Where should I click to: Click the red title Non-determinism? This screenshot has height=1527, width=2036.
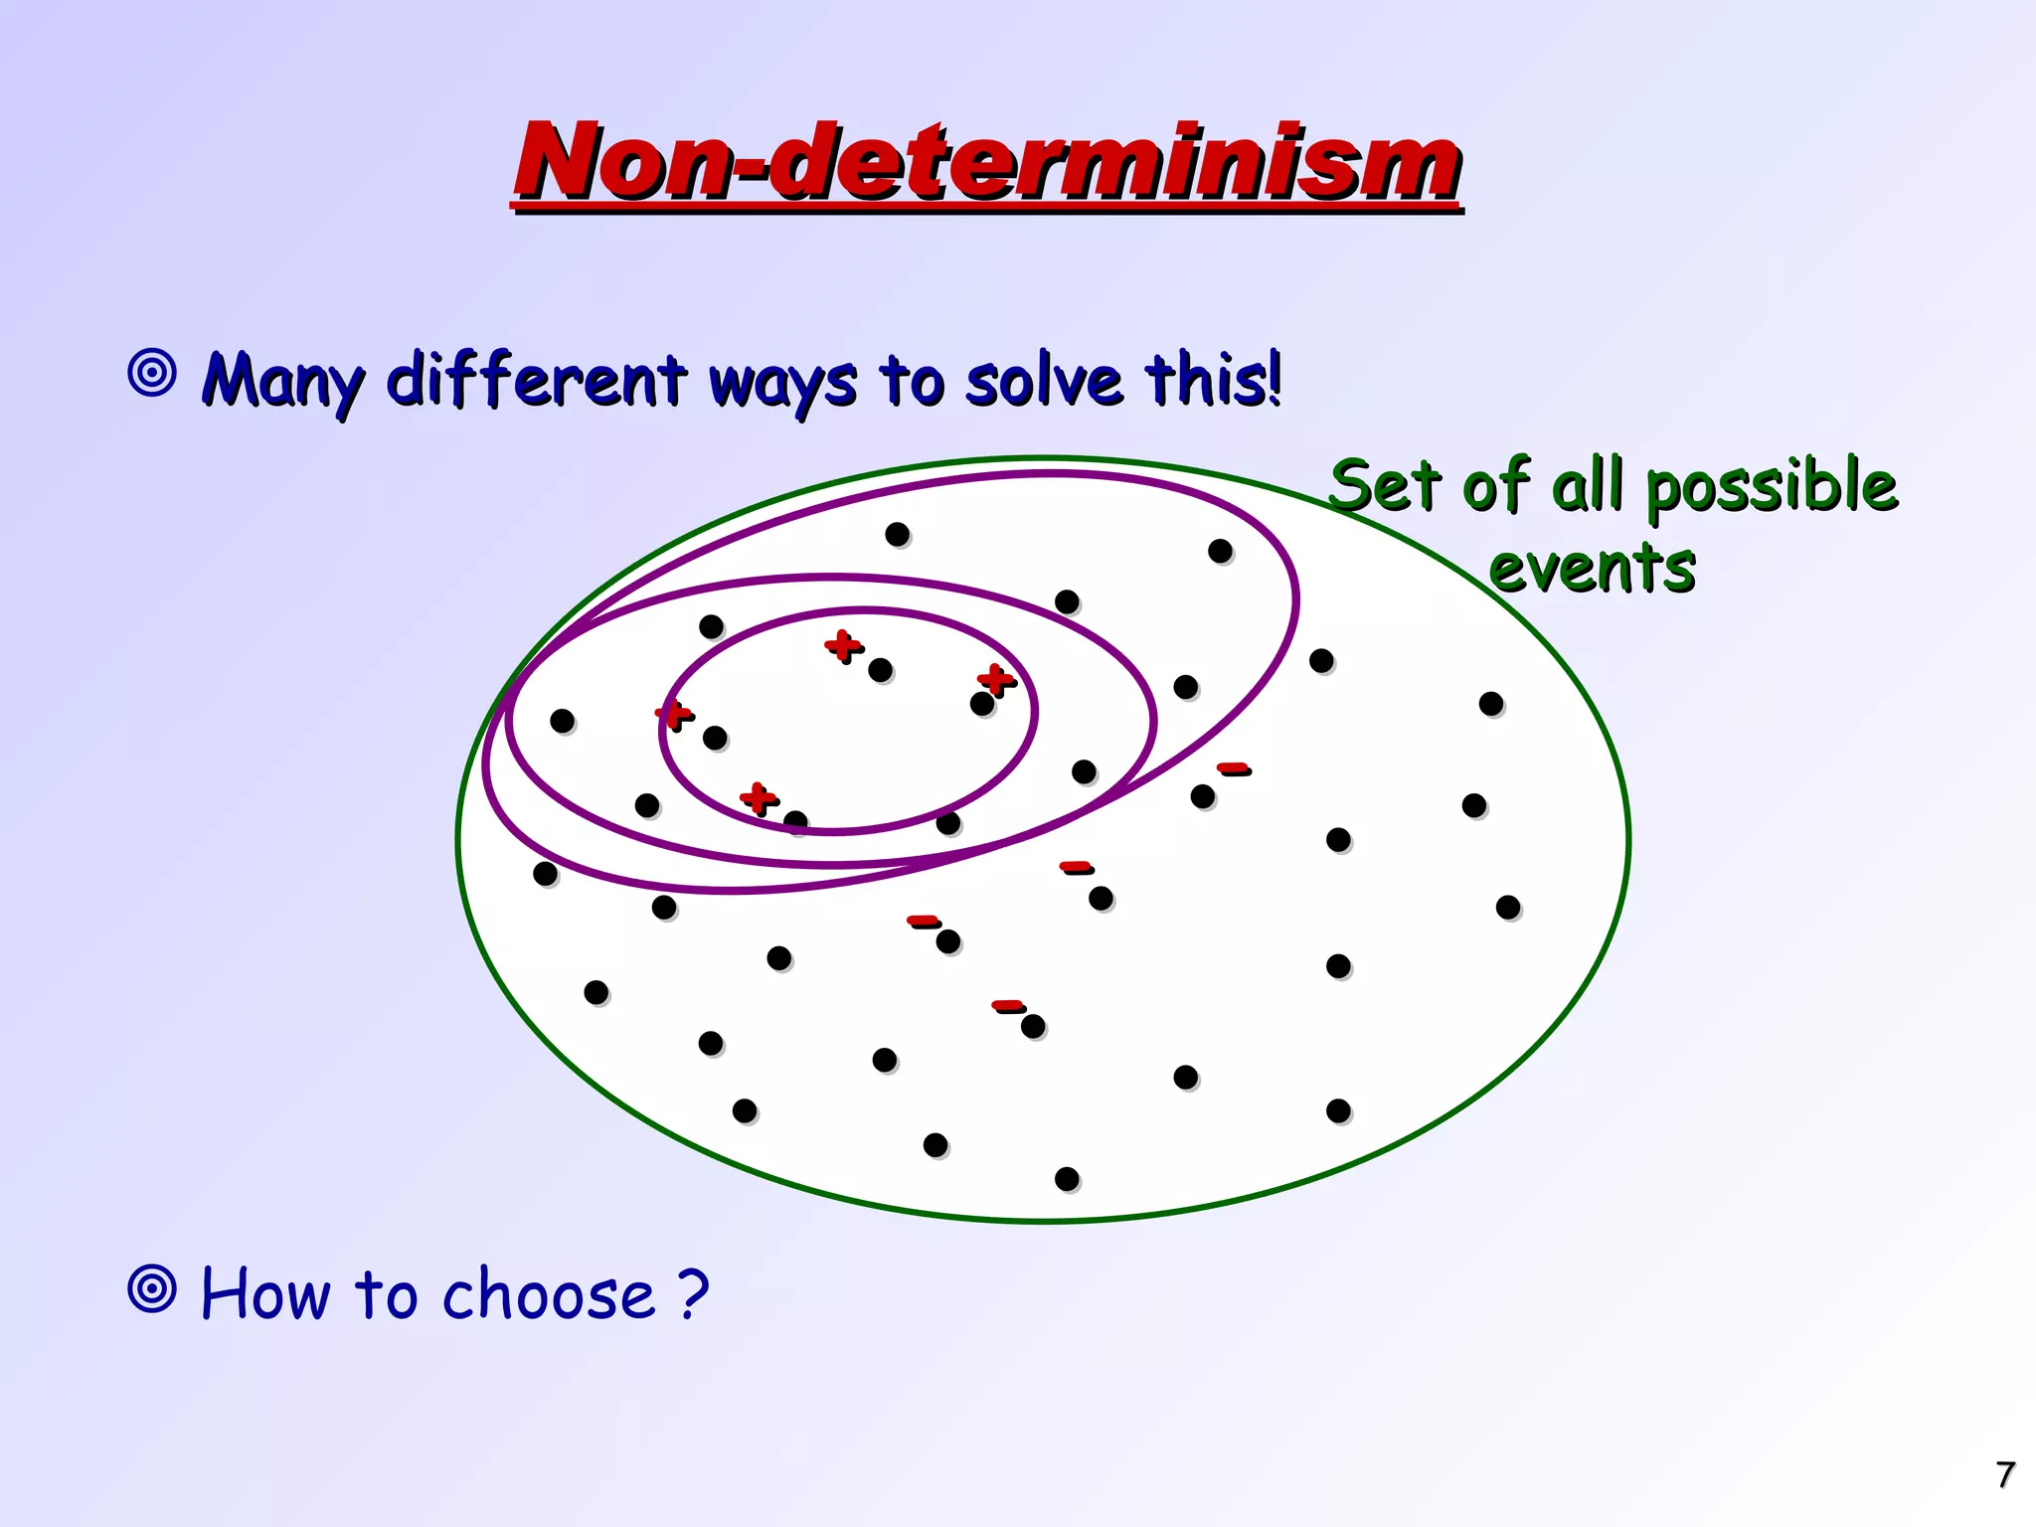tap(986, 161)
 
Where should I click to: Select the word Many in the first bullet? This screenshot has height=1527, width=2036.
tap(283, 381)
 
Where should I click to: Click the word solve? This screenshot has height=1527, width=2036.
tap(1044, 381)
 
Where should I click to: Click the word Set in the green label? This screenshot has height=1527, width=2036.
tap(1385, 487)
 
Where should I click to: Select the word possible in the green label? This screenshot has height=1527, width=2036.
tap(1772, 487)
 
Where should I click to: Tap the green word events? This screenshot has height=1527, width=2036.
tap(1592, 568)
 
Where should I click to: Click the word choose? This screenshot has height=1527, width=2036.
tap(549, 1294)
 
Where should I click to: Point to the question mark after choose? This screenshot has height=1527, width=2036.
tap(694, 1294)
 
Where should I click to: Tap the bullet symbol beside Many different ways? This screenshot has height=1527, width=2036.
tap(152, 374)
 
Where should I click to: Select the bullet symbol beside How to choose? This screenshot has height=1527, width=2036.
tap(152, 1289)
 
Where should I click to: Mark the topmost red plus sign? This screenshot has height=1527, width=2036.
tap(842, 645)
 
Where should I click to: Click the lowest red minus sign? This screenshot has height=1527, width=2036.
tap(1006, 1005)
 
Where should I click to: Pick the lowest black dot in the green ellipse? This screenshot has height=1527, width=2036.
tap(1067, 1179)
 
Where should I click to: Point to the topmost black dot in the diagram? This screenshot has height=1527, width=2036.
tap(898, 535)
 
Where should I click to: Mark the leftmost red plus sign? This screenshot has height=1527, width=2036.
tap(673, 713)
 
